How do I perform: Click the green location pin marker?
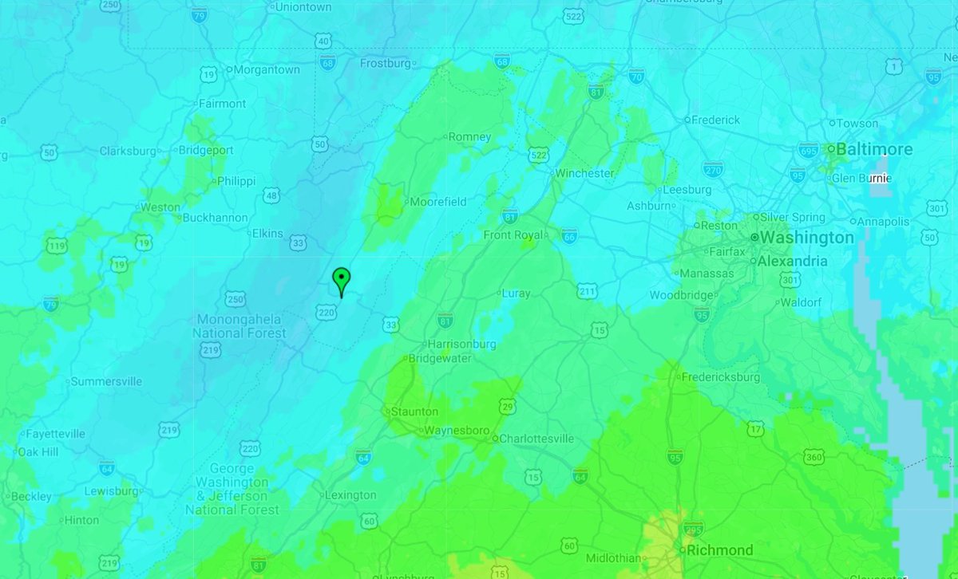[341, 281]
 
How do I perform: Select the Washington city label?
[806, 238]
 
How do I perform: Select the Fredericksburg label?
[718, 376]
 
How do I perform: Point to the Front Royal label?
[514, 234]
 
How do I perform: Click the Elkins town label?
[267, 234]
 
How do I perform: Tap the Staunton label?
[414, 412]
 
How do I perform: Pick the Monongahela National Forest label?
[240, 325]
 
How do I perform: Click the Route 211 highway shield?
[587, 292]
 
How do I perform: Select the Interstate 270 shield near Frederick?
[714, 169]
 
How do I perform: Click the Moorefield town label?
[437, 202]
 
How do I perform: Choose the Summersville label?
[106, 381]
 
